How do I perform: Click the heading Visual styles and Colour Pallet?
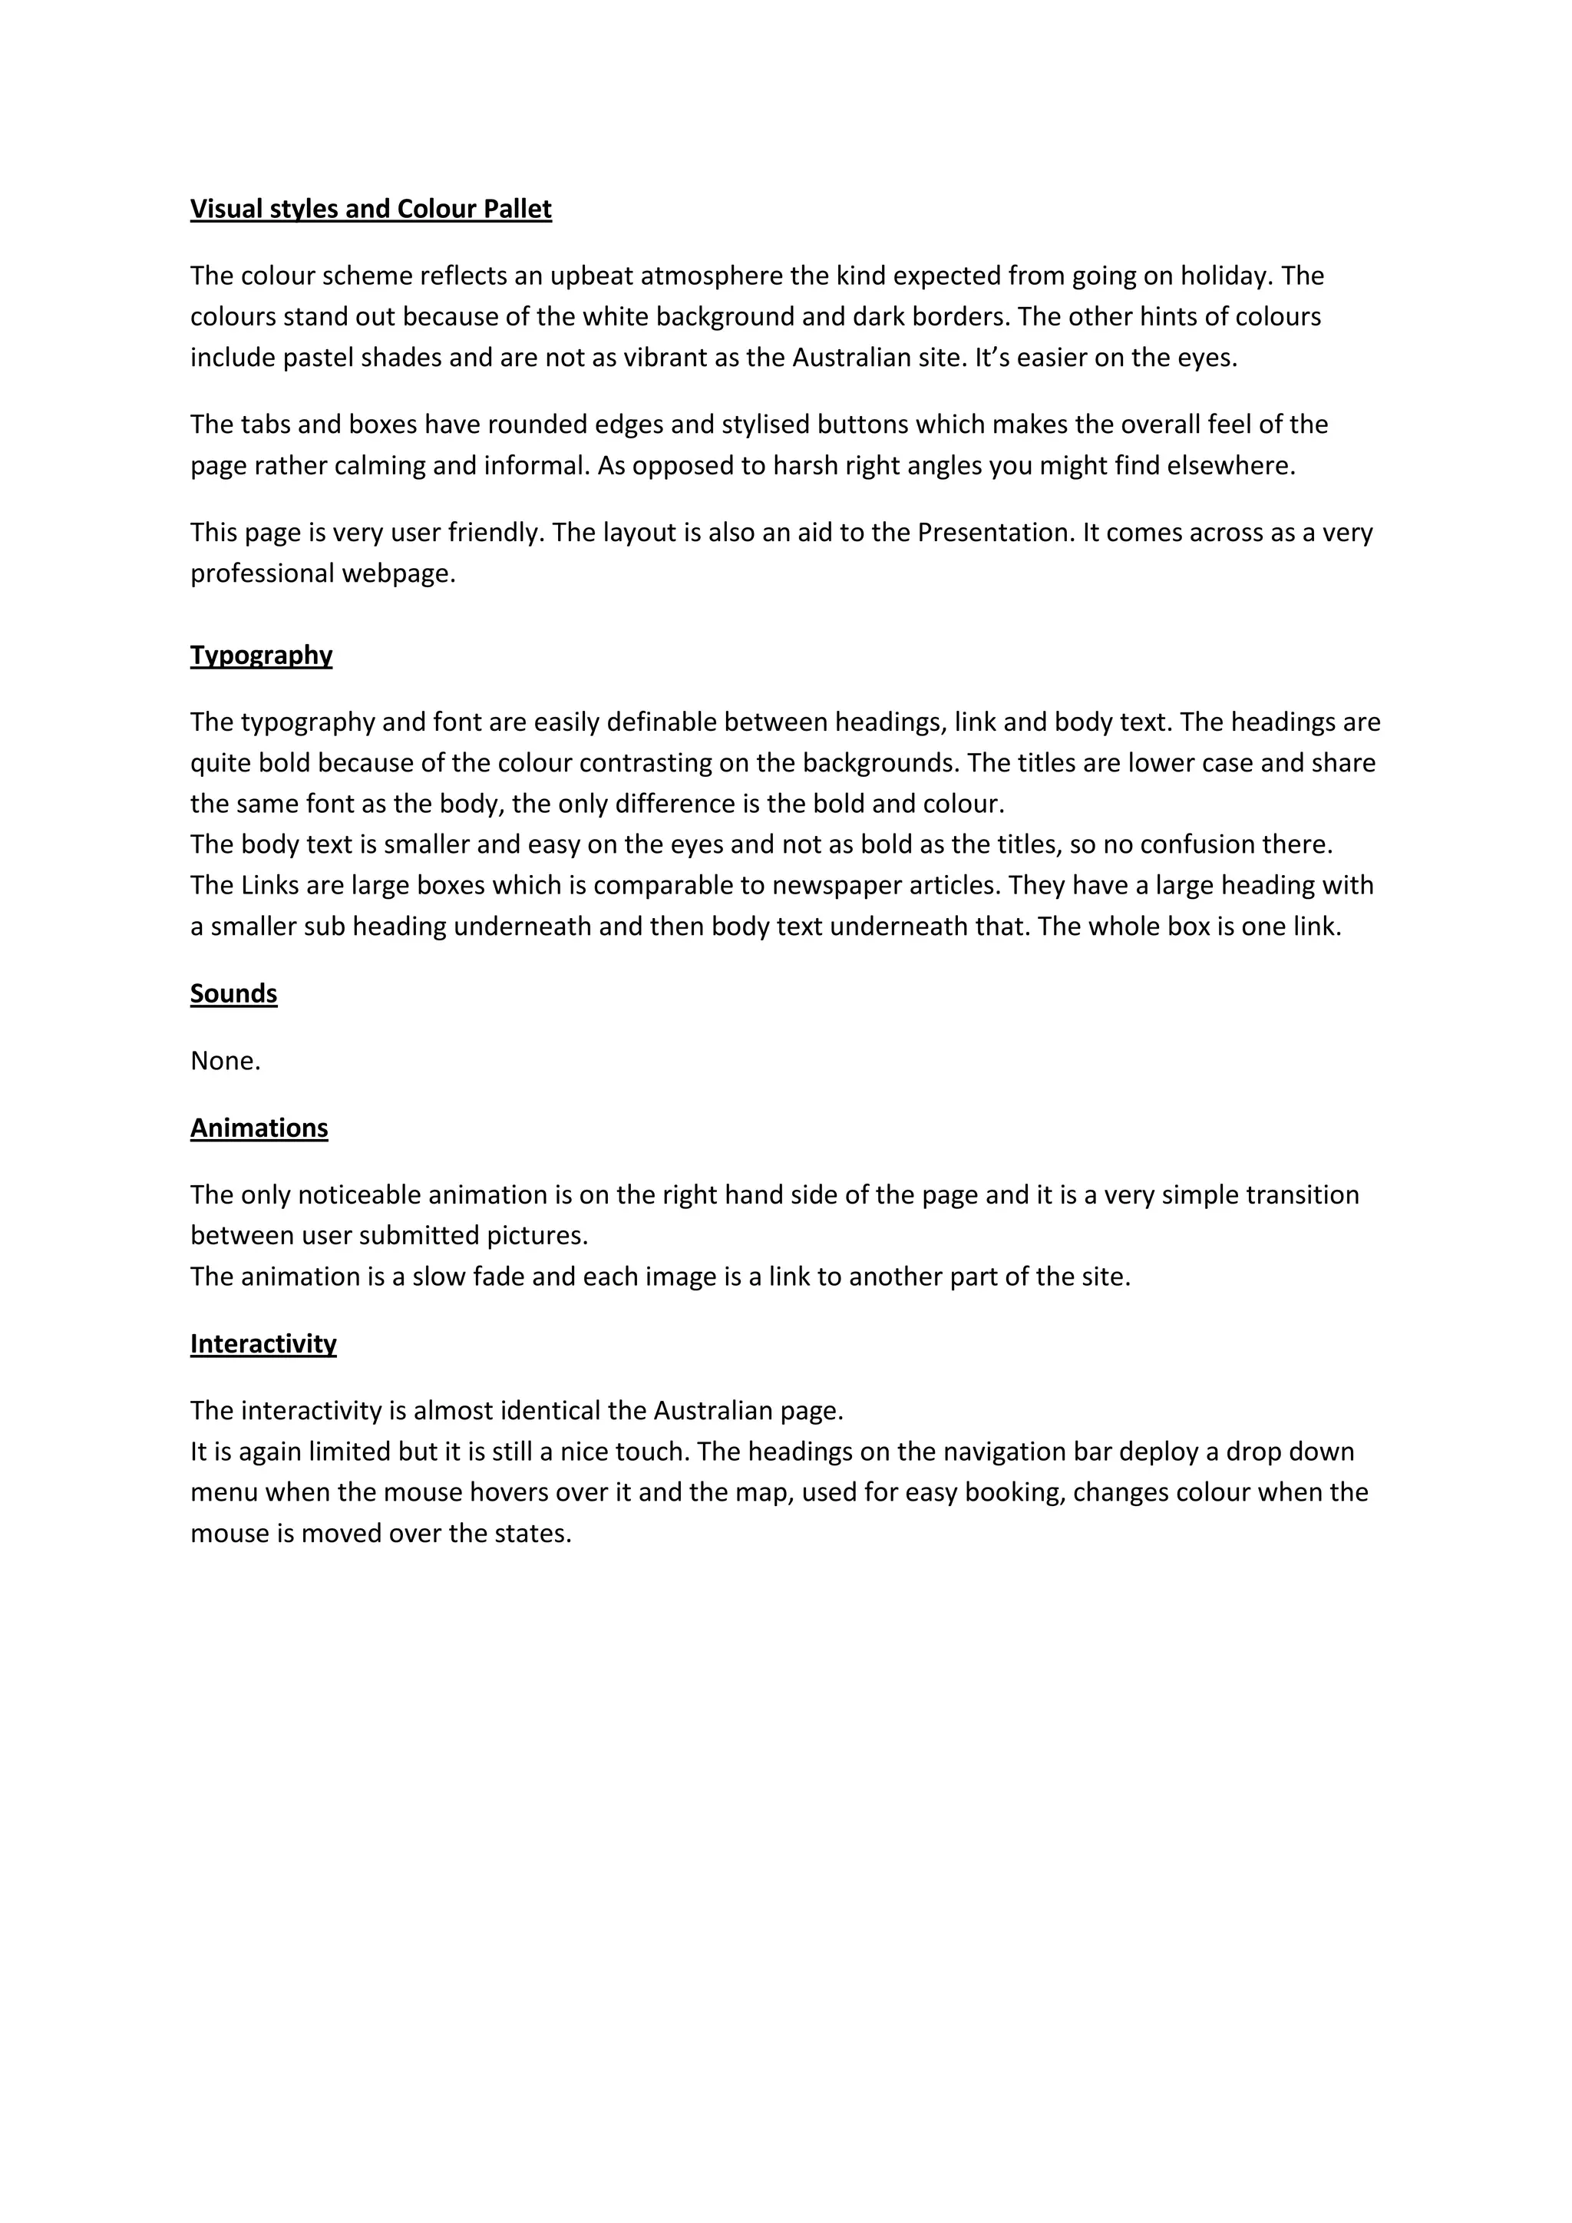coord(371,209)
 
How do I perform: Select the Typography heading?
coord(261,656)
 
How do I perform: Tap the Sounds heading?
coord(233,993)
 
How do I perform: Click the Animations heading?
coord(259,1128)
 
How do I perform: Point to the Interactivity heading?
coord(263,1344)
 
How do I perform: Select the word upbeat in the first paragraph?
coord(592,276)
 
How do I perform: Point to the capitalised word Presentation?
coord(994,533)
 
